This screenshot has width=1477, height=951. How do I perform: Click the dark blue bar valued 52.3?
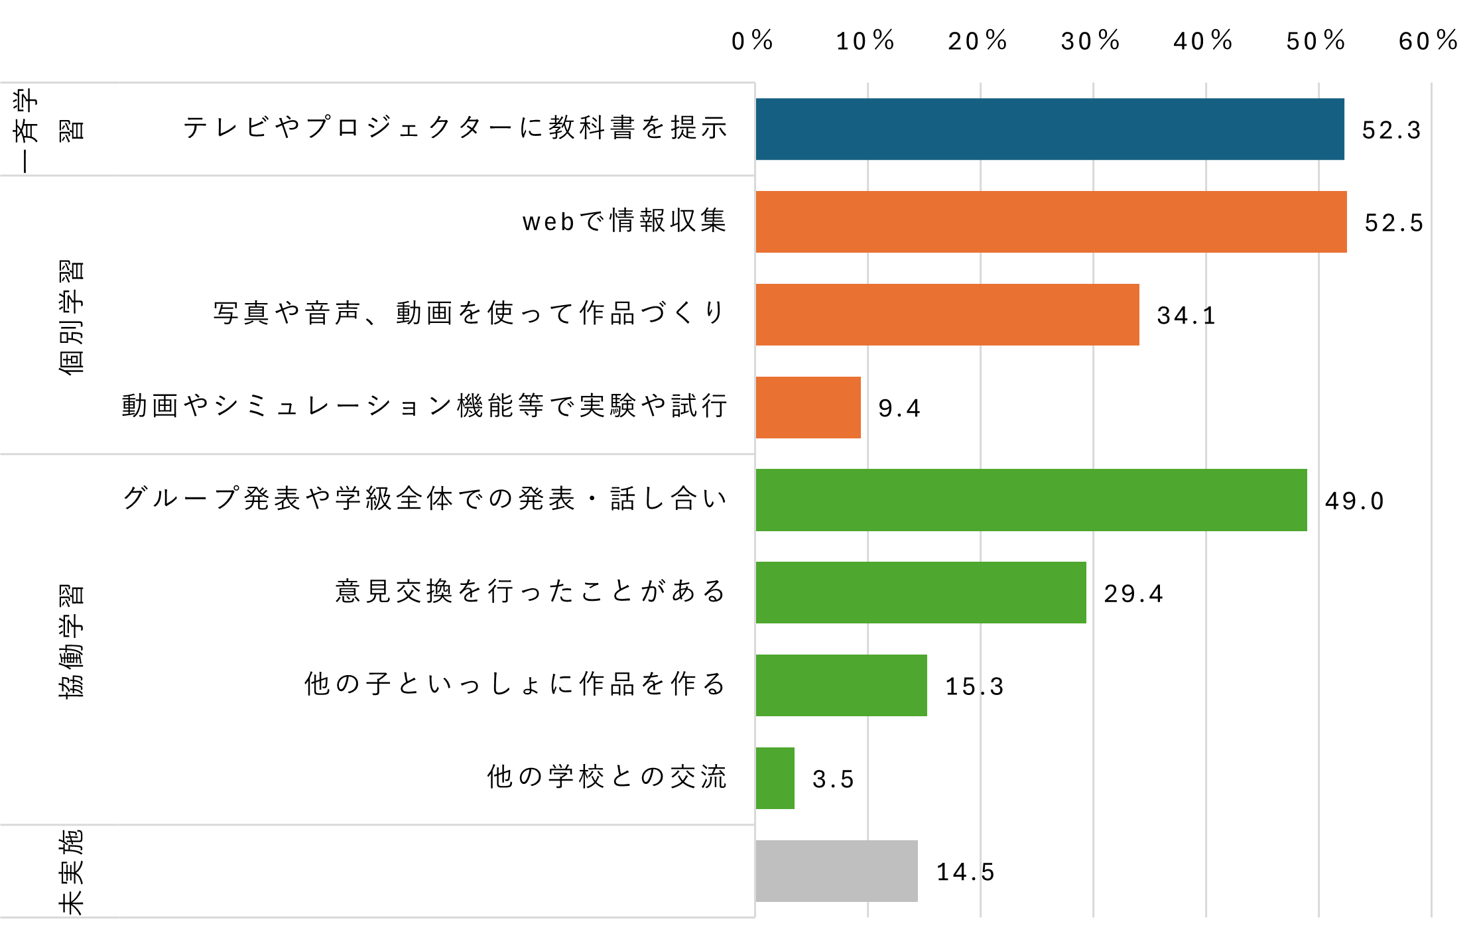pyautogui.click(x=1049, y=129)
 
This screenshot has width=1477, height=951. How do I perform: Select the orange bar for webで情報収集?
pyautogui.click(x=1051, y=222)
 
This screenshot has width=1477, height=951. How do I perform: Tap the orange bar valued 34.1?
pyautogui.click(x=947, y=315)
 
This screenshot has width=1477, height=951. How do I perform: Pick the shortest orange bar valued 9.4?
pyautogui.click(x=808, y=408)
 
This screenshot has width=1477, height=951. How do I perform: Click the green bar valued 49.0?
pyautogui.click(x=1031, y=500)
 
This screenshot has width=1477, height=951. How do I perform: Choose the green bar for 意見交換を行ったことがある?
pyautogui.click(x=921, y=593)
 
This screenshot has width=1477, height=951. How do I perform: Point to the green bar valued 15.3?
pyautogui.click(x=841, y=686)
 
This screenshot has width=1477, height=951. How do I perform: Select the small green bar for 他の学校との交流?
pyautogui.click(x=775, y=779)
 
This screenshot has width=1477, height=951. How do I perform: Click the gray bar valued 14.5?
pyautogui.click(x=836, y=871)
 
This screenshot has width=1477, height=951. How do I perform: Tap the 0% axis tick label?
pyautogui.click(x=752, y=41)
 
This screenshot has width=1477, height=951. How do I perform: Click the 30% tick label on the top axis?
pyautogui.click(x=1090, y=41)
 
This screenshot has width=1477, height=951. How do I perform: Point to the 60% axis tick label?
pyautogui.click(x=1428, y=41)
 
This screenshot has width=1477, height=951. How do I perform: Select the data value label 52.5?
pyautogui.click(x=1393, y=223)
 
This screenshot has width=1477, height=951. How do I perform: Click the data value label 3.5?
pyautogui.click(x=833, y=779)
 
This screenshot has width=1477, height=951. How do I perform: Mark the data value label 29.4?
pyautogui.click(x=1133, y=594)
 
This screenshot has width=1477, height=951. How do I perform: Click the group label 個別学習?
pyautogui.click(x=72, y=317)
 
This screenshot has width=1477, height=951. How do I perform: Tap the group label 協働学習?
pyautogui.click(x=72, y=641)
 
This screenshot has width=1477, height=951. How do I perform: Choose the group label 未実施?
pyautogui.click(x=72, y=871)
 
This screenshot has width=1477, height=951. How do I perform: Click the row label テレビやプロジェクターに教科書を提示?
pyautogui.click(x=456, y=127)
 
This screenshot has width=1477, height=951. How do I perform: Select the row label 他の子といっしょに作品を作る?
pyautogui.click(x=515, y=684)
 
